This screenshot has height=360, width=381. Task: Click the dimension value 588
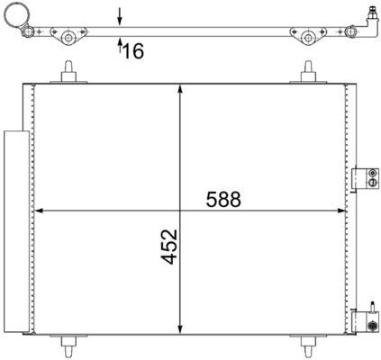223,200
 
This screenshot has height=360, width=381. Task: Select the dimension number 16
132,51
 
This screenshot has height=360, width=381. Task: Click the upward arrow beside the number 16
120,48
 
